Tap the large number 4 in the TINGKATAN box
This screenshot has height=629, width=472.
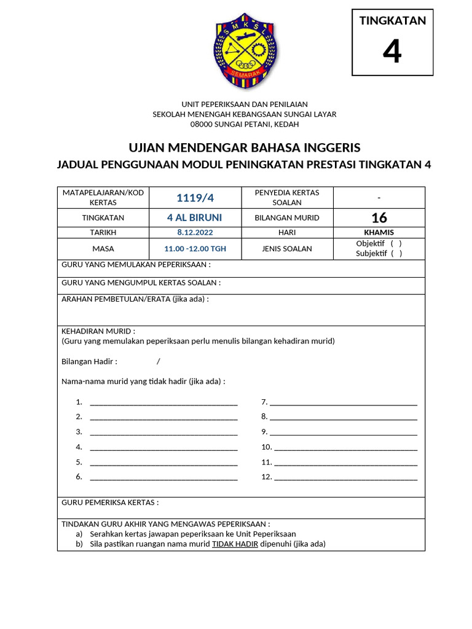click(392, 52)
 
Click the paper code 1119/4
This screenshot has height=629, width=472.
click(195, 197)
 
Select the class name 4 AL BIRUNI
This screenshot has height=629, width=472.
click(195, 217)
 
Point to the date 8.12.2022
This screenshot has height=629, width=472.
click(195, 233)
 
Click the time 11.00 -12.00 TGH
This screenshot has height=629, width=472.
click(195, 249)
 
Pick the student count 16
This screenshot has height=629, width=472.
click(379, 217)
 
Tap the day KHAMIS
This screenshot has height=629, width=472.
click(379, 233)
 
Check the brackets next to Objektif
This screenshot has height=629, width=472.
click(396, 243)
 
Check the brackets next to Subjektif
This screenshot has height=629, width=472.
click(396, 254)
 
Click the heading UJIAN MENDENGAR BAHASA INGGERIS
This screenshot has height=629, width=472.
click(245, 148)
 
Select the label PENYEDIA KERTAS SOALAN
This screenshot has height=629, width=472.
click(287, 197)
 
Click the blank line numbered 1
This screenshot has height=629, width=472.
click(163, 403)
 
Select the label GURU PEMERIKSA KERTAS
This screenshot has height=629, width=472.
click(110, 502)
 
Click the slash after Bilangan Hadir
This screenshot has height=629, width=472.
click(158, 361)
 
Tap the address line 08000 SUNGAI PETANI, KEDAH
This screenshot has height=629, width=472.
click(245, 124)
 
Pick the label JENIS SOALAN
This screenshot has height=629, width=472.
click(287, 249)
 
